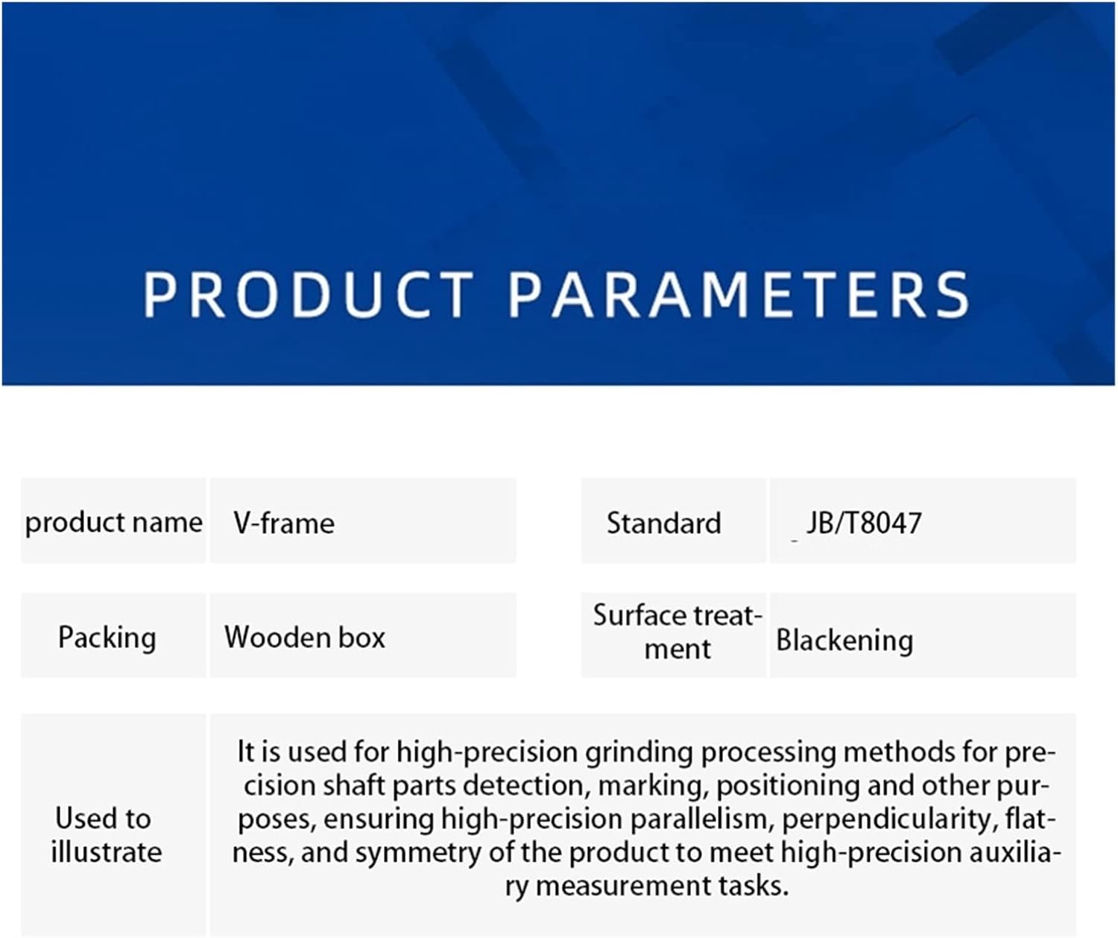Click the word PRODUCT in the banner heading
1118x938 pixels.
tap(308, 294)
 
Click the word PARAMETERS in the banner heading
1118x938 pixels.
tap(739, 294)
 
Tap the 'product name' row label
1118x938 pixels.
tap(113, 522)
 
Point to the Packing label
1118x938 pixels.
tap(107, 638)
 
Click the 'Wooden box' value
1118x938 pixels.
tap(305, 637)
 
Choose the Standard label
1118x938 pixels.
tap(663, 523)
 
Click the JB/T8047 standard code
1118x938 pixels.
tap(864, 523)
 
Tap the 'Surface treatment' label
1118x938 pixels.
tap(678, 632)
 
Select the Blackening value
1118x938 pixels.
tap(844, 640)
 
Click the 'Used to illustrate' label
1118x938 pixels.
tap(106, 835)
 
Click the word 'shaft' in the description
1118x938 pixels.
tap(354, 786)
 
